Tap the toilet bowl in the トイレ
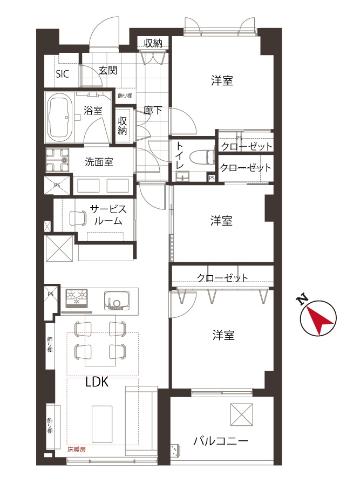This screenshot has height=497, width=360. coord(201,158)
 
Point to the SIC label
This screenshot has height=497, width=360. coord(63,74)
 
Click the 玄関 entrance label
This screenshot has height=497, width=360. coord(108,70)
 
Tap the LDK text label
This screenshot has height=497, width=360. coord(97,382)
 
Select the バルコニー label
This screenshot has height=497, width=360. coord(221,440)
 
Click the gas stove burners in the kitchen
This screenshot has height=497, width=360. coord(76,298)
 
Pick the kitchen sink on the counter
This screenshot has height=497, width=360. coord(116,301)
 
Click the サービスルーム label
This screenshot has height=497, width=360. coord(108,215)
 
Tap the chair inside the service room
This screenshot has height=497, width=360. coord(77,218)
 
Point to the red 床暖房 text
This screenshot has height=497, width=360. coord(77,450)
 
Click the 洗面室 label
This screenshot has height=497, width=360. coord(99,162)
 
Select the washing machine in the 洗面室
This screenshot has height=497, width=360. coord(57,160)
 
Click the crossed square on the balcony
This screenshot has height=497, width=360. coord(241,414)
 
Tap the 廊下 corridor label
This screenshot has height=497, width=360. coord(152,111)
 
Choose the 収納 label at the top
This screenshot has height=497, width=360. coord(153,43)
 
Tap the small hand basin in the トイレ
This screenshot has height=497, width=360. coord(182,176)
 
